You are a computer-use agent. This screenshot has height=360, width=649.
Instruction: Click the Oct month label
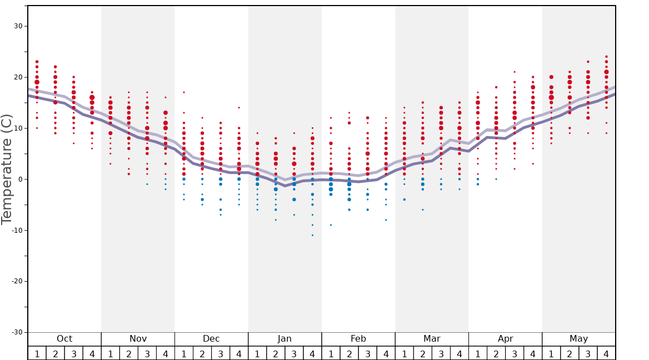coord(64,339)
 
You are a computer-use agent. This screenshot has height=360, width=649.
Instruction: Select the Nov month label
coord(138,339)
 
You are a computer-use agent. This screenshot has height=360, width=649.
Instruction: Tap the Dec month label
coord(211,339)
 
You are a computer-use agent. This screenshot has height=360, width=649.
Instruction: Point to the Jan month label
coord(284,339)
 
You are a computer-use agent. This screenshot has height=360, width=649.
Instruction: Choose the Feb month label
coord(358,339)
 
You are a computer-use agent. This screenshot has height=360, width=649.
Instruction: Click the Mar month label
coord(432,339)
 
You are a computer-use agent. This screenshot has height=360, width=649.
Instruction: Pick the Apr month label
coord(505,339)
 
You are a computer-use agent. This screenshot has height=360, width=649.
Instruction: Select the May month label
coord(578,339)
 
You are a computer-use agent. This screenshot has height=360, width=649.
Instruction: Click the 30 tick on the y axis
coord(18,26)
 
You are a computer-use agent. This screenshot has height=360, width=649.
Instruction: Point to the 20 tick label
coord(18,77)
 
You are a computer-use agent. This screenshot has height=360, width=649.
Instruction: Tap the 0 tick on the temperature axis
coord(20,179)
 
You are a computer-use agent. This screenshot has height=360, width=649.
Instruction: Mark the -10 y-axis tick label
coord(17,231)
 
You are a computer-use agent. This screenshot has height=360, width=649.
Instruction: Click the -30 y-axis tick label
coord(17,332)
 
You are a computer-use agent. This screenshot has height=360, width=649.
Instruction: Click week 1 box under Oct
coord(37,353)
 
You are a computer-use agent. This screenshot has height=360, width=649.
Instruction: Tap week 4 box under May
coord(606,353)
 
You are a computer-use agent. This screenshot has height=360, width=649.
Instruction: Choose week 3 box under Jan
coord(294,353)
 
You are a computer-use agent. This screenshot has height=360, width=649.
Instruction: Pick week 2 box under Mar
coord(422,353)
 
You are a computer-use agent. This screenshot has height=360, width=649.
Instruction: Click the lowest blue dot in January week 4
coord(312,235)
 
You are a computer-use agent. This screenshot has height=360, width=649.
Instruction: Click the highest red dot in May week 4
coord(606,57)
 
